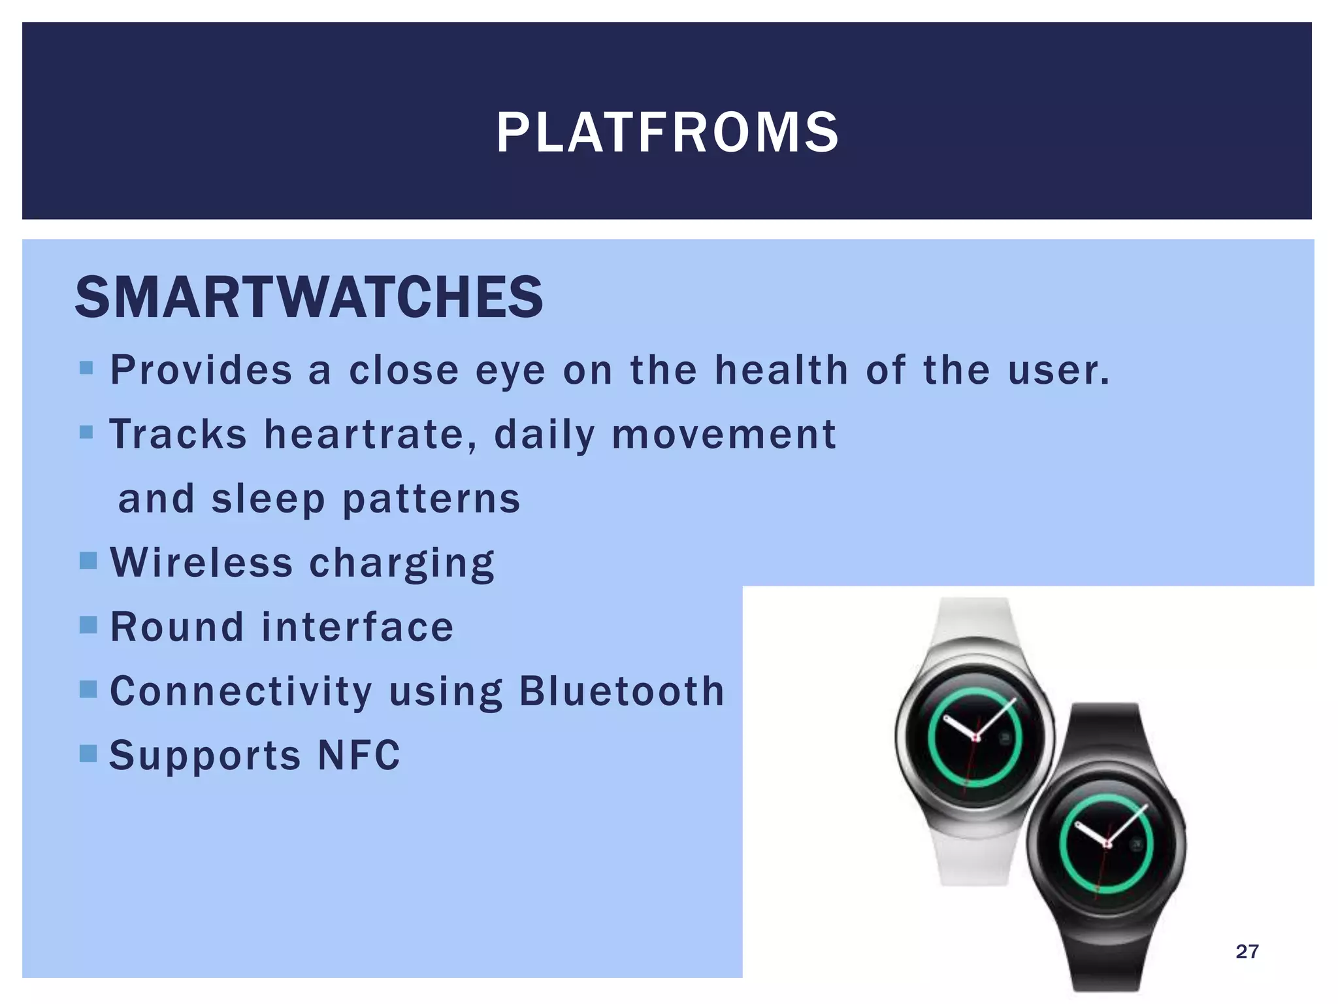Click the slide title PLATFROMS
pos(667,133)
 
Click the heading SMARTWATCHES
pos(308,297)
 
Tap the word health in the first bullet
pos(781,370)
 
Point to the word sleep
pos(268,499)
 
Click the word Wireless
pos(201,562)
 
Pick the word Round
pos(176,627)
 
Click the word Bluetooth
pos(621,691)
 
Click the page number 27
pos(1247,951)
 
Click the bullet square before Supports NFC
pos(88,754)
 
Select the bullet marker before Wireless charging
pos(88,560)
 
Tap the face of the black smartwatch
pos(1106,845)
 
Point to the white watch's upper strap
pos(973,618)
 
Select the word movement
pos(723,434)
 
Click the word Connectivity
pos(240,691)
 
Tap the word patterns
pos(431,499)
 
